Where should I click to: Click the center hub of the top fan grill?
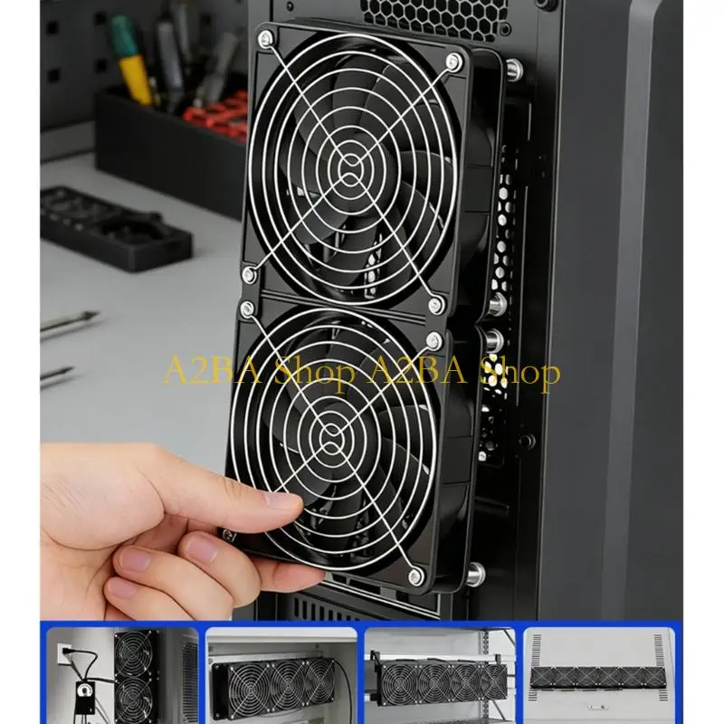click(x=352, y=167)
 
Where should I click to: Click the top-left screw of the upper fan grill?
click(x=265, y=38)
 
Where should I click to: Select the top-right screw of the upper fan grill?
click(x=454, y=61)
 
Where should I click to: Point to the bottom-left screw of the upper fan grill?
click(x=250, y=275)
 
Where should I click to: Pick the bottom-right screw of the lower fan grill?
click(x=415, y=576)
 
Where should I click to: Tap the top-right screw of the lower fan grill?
click(x=433, y=341)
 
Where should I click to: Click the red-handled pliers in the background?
click(x=216, y=110)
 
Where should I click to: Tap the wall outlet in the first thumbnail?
click(x=64, y=654)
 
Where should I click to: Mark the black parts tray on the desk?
click(x=116, y=228)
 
